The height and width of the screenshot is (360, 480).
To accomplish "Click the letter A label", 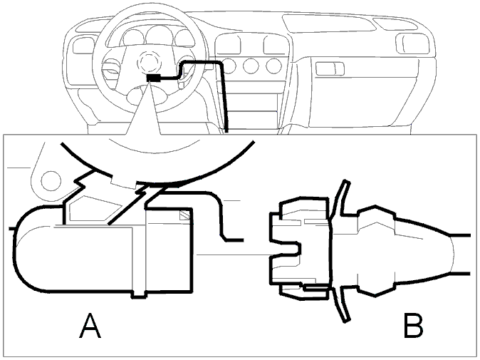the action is coord(90,325).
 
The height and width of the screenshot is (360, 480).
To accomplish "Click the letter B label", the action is coord(413,325).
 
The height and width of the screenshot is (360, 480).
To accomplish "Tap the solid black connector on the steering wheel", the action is coord(154,78).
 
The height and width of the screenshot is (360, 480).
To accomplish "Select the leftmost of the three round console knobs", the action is coord(228,66).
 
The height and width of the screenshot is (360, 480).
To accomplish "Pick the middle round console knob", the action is coord(251,66).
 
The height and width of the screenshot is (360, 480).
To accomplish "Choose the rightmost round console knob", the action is coord(273,66).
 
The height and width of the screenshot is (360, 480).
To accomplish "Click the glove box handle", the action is coord(330,68).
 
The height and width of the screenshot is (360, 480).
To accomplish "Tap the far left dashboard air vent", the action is coord(83,45).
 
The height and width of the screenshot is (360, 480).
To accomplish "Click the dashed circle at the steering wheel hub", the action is coord(149,63).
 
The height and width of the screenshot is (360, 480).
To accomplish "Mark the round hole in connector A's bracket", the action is coord(51,181).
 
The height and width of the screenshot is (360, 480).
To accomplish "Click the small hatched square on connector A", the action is coord(185,215).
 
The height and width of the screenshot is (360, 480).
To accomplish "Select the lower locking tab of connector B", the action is coord(340,305).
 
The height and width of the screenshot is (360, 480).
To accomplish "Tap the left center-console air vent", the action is coord(228,44).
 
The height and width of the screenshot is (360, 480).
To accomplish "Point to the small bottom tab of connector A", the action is coord(139,294).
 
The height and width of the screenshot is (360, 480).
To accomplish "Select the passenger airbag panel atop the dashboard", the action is coord(329,23).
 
